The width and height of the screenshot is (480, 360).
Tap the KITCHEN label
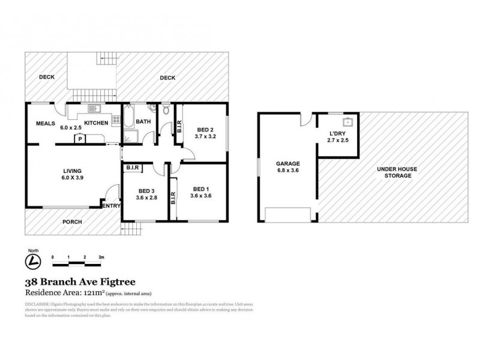pos(95,123)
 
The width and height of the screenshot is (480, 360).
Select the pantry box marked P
pos(80,138)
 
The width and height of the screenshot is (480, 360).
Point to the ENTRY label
pos(112,206)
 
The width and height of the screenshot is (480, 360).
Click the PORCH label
pos(72,221)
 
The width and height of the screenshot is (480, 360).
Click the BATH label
pos(143,122)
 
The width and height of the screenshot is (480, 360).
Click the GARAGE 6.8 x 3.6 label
pos(287,167)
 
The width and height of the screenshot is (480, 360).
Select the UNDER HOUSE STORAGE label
pos(394,172)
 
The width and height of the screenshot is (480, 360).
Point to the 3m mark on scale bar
pos(101,256)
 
